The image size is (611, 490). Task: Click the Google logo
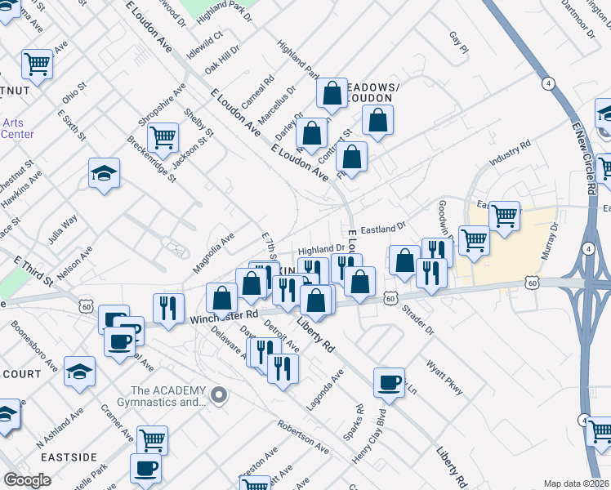point(28,480)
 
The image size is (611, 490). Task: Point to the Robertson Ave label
point(302,438)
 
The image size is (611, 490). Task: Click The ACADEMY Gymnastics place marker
point(218,396)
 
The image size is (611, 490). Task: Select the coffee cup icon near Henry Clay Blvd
point(389,381)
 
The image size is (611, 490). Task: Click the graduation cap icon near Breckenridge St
point(105,172)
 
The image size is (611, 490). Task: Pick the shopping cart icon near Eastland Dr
point(504,216)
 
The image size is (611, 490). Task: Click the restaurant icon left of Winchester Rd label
point(168,307)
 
